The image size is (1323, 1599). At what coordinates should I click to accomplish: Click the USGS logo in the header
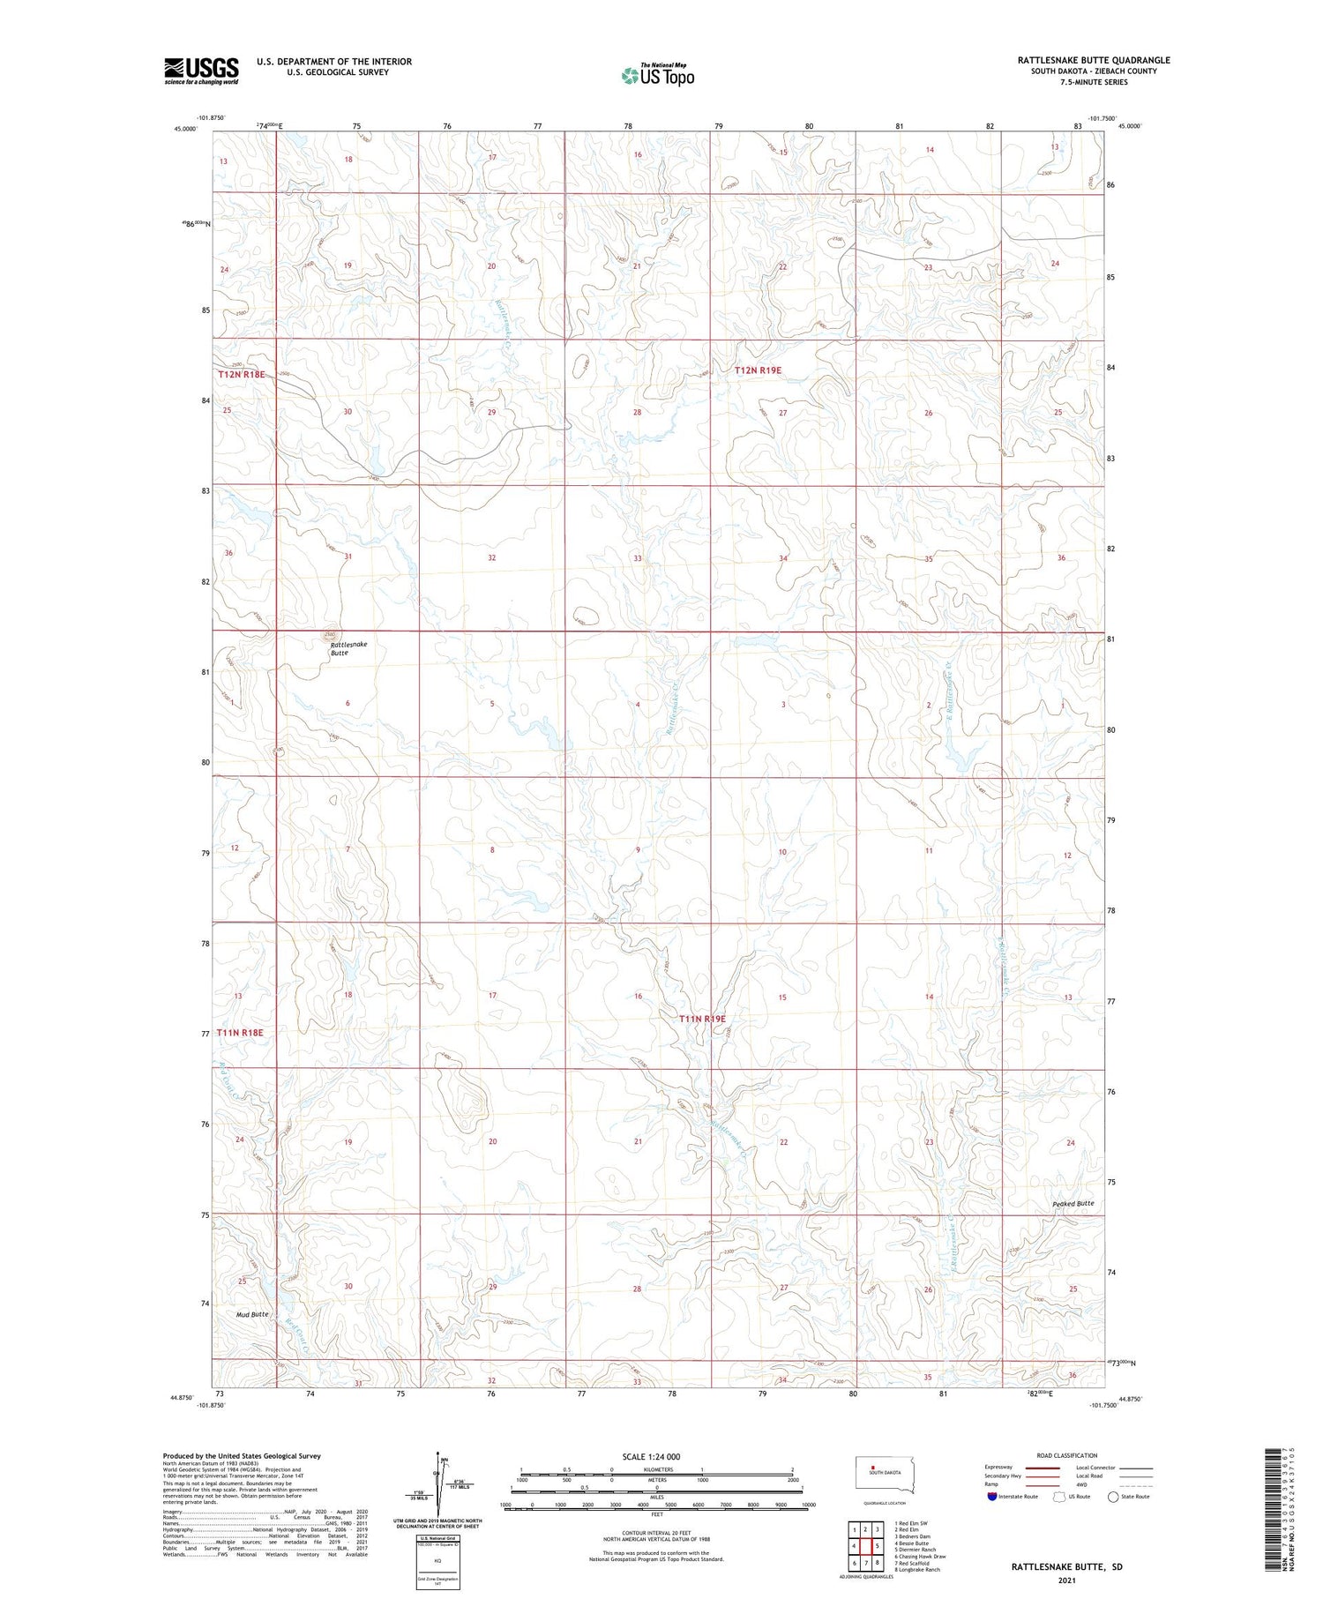click(201, 71)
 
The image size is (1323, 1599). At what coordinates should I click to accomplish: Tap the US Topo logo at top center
click(657, 76)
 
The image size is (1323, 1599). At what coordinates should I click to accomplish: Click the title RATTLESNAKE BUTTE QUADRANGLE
click(1094, 60)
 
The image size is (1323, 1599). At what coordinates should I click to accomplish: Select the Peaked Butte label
click(1073, 1203)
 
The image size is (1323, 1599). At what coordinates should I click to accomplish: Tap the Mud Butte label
click(252, 1314)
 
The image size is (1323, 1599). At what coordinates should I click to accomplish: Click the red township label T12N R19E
click(758, 370)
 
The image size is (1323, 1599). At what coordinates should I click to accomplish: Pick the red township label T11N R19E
click(702, 1019)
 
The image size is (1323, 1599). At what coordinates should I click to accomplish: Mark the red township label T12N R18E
click(242, 374)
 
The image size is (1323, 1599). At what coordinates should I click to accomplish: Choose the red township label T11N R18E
click(240, 1032)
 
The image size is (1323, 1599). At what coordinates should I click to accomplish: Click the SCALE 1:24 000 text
click(651, 1456)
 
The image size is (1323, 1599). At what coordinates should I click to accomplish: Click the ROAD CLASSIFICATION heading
click(1066, 1455)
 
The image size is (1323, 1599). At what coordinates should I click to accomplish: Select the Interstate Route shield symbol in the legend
click(992, 1497)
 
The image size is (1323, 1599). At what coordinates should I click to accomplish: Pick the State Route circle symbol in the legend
click(1113, 1497)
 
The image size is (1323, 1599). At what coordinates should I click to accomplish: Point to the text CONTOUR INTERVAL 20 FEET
click(656, 1533)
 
